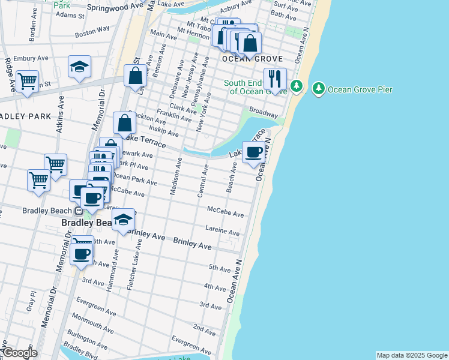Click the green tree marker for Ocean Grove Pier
pos(318,89)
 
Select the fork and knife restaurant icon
pos(275,79)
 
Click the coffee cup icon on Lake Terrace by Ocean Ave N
pos(255,152)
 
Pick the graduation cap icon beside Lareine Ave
pos(124,220)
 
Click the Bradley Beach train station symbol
pos(78,211)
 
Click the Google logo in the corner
pos(19,353)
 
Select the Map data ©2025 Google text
pos(411,355)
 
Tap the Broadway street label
pos(264,112)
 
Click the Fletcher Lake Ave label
pos(134,265)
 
